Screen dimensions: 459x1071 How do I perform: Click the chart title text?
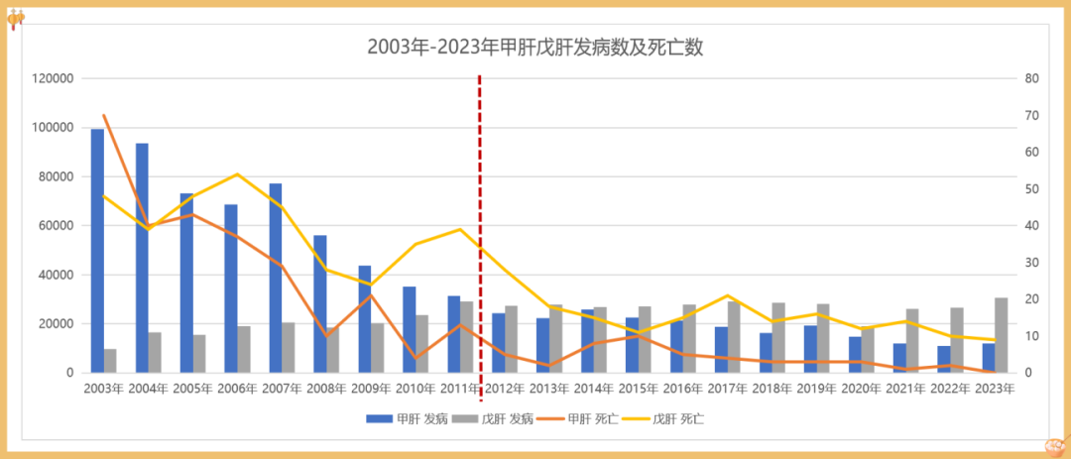tap(535, 47)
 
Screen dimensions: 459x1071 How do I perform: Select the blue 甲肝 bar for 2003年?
tap(97, 251)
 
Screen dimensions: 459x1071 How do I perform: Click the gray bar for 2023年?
tap(1002, 335)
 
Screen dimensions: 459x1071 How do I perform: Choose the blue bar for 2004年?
tap(142, 258)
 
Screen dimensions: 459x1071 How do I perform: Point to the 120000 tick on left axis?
tap(57, 78)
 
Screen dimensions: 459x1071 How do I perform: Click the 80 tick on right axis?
tap(1031, 78)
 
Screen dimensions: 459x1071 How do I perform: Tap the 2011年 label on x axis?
tap(461, 389)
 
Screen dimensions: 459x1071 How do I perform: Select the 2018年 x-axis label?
tap(773, 389)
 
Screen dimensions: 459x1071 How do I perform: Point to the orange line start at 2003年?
tap(104, 116)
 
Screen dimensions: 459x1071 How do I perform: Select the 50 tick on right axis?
tap(1031, 188)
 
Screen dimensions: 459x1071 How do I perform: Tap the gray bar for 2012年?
tap(512, 339)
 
